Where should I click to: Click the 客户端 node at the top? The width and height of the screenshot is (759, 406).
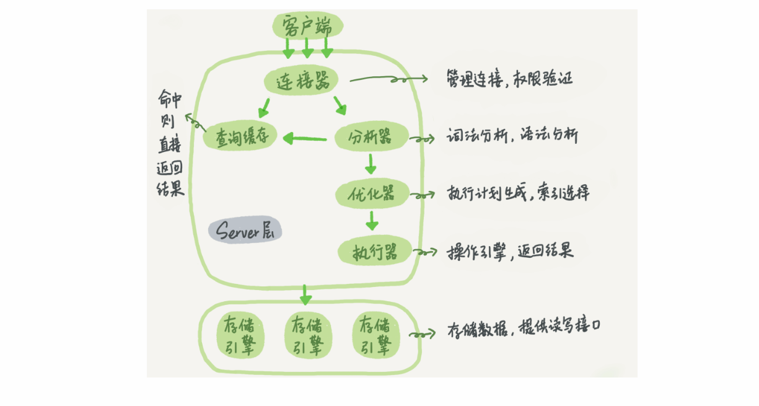pyautogui.click(x=306, y=27)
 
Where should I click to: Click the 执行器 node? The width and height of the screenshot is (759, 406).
pyautogui.click(x=375, y=252)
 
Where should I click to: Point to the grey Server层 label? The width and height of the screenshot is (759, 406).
pyautogui.click(x=245, y=231)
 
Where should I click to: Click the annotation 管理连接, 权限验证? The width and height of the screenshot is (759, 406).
pyautogui.click(x=509, y=79)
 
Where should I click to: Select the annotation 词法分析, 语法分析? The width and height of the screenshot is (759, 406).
pyautogui.click(x=512, y=136)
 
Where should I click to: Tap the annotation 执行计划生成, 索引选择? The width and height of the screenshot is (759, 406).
pyautogui.click(x=518, y=193)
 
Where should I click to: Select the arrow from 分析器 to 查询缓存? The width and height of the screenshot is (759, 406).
pyautogui.click(x=305, y=138)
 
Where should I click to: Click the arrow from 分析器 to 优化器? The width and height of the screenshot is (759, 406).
pyautogui.click(x=371, y=164)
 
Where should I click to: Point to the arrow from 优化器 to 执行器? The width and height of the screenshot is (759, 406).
pyautogui.click(x=372, y=220)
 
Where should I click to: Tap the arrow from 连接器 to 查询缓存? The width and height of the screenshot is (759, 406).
pyautogui.click(x=265, y=107)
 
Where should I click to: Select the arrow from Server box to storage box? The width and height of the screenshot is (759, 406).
pyautogui.click(x=304, y=294)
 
